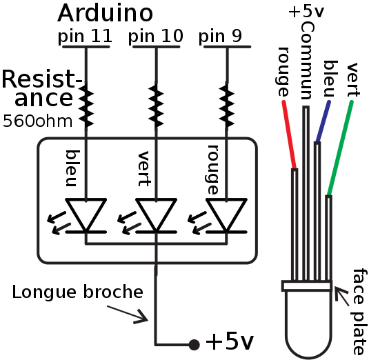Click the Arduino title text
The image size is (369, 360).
(105, 13)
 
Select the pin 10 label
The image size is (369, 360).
(157, 36)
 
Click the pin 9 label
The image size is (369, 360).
(220, 36)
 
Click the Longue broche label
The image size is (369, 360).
(77, 292)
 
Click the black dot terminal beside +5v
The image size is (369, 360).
(195, 343)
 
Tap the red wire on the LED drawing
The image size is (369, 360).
(289, 135)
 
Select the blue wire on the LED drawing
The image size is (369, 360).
(323, 121)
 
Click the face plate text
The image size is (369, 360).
(358, 310)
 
